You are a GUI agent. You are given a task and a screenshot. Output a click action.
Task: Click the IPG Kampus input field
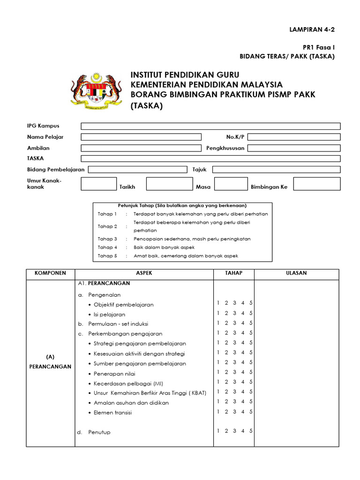[210, 126]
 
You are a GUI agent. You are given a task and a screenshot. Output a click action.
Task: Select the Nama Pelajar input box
[141, 137]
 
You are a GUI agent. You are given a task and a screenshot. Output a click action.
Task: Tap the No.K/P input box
[294, 137]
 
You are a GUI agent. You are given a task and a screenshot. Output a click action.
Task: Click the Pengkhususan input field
[294, 148]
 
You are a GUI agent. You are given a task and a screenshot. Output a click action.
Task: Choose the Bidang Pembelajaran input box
[138, 169]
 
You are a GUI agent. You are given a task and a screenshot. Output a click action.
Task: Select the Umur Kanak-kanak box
[99, 184]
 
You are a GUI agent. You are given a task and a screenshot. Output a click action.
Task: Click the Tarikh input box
[166, 184]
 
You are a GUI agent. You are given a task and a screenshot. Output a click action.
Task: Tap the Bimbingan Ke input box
[314, 184]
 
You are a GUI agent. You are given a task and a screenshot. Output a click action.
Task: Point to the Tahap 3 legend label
[107, 239]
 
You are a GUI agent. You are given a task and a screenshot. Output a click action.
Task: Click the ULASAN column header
[296, 273]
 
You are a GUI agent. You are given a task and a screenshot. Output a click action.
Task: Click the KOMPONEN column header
[50, 273]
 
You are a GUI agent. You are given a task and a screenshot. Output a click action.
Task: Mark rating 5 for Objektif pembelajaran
[251, 303]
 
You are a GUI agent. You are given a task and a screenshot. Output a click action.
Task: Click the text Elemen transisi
[113, 412]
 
